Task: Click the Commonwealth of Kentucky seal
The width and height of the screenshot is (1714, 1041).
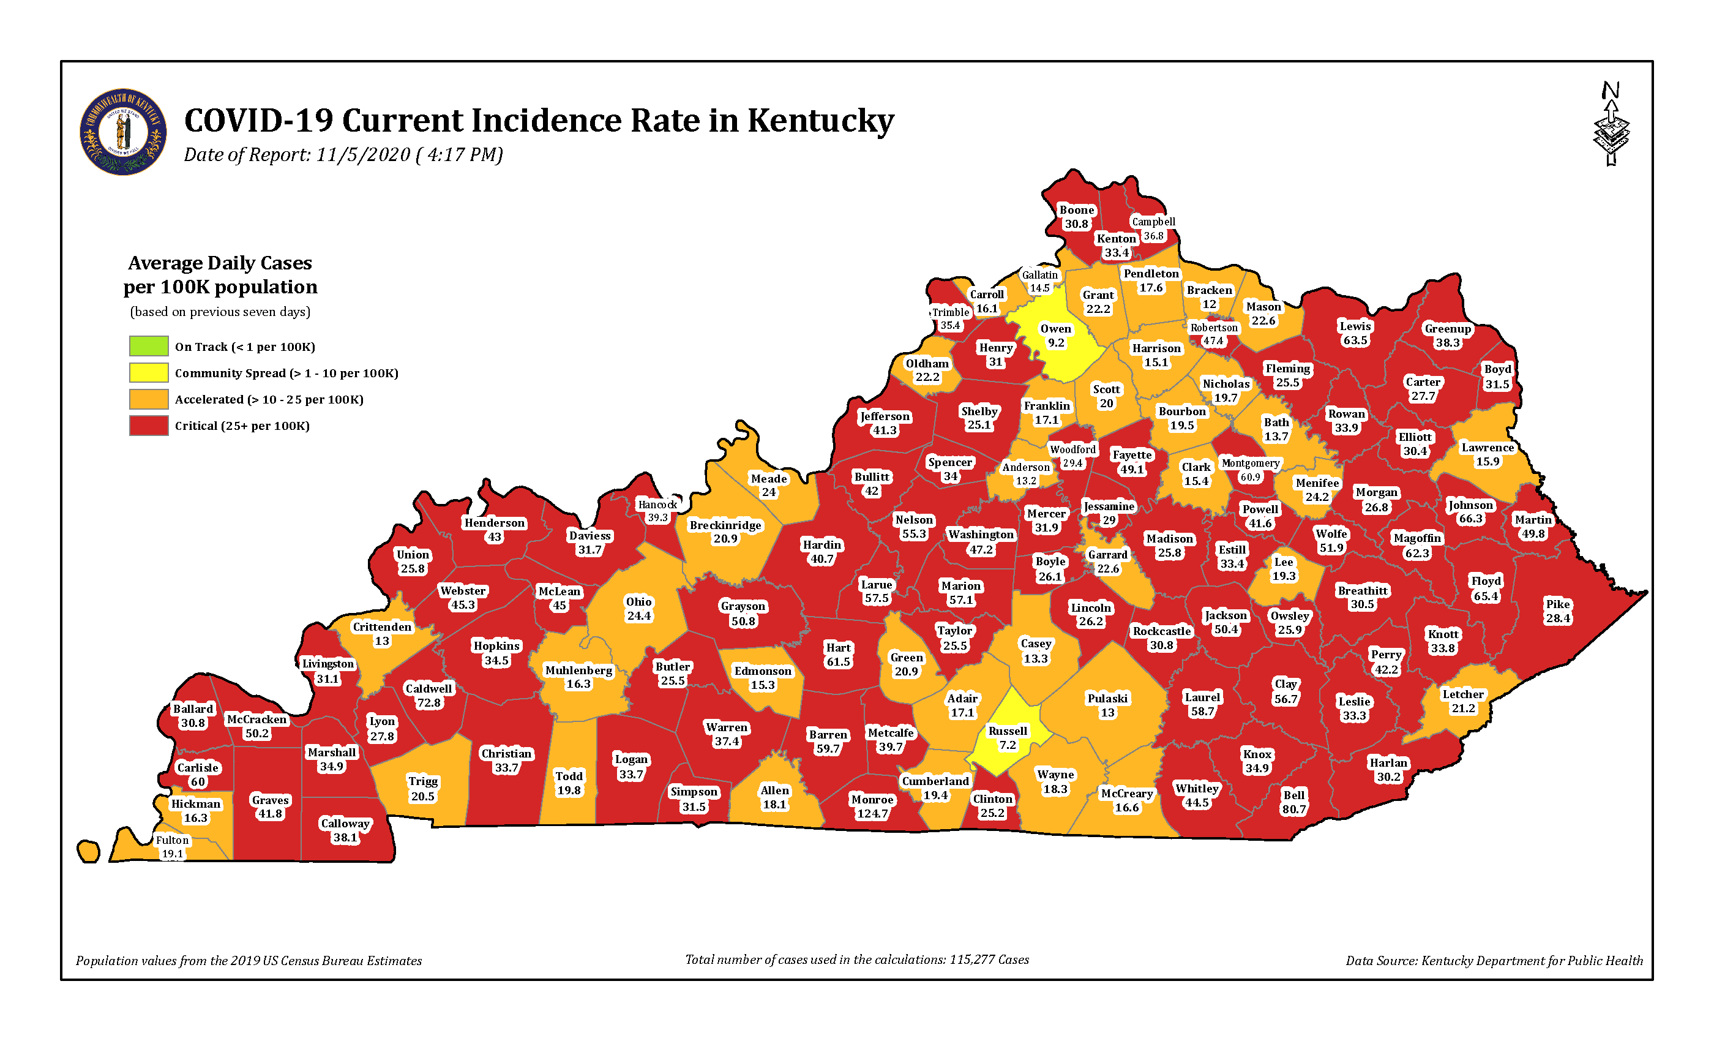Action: [x=123, y=132]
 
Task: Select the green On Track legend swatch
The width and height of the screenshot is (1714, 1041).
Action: [x=148, y=346]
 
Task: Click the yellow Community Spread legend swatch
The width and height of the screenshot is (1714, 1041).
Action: [x=148, y=372]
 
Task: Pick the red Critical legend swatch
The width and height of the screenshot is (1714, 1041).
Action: [x=148, y=425]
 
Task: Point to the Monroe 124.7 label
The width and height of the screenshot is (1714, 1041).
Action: [x=872, y=806]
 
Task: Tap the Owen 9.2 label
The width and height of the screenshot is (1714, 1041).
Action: [x=1055, y=336]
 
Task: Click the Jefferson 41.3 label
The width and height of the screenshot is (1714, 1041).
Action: [x=884, y=423]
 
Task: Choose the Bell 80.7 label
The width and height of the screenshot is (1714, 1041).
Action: [x=1294, y=802]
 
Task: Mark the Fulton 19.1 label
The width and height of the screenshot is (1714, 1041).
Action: [x=172, y=847]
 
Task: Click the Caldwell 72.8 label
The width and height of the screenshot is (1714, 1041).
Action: [x=428, y=695]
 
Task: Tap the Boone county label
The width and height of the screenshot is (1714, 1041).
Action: [x=1076, y=216]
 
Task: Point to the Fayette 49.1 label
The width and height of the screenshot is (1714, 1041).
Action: [x=1132, y=461]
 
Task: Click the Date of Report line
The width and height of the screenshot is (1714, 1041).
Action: [x=343, y=154]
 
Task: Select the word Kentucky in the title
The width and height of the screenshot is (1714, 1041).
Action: [x=820, y=121]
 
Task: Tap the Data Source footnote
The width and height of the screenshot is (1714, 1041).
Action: [x=1494, y=961]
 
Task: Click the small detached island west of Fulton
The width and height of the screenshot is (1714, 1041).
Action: [x=88, y=851]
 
